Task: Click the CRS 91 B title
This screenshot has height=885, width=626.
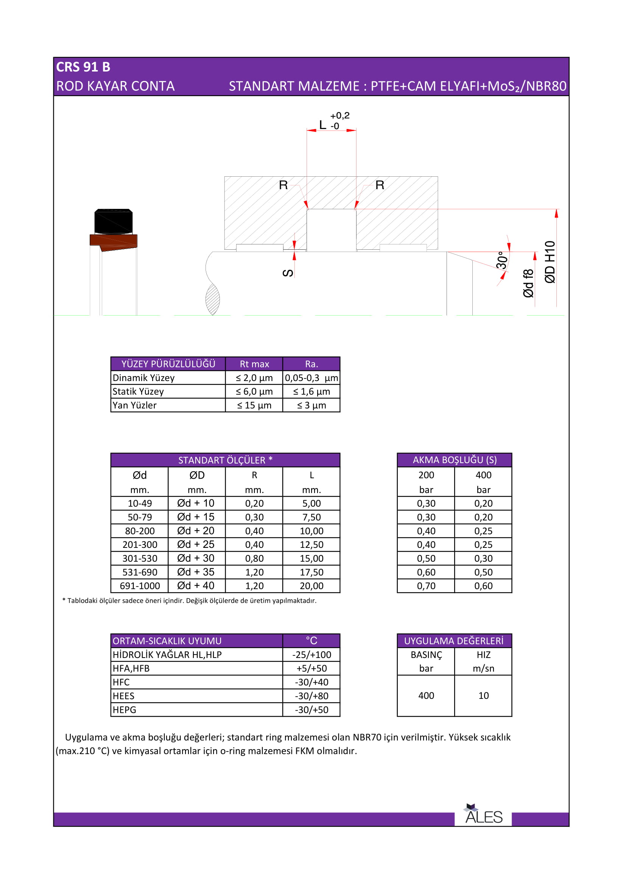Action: [83, 67]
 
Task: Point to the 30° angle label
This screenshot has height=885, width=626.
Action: [501, 260]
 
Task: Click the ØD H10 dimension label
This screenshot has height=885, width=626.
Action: [550, 262]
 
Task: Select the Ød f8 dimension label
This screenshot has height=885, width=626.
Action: [528, 283]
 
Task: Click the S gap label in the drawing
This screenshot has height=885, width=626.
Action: [288, 273]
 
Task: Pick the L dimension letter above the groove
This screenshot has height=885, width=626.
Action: [322, 125]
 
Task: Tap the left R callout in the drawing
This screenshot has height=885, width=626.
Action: [283, 185]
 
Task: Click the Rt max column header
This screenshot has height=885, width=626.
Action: [254, 364]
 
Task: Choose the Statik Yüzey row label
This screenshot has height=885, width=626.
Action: [138, 392]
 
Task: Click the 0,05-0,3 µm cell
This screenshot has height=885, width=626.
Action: [311, 378]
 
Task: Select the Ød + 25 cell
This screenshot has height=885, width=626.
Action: [196, 544]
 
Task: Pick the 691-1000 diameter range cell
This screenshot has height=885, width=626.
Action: [140, 586]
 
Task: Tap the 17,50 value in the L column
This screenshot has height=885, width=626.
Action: [311, 572]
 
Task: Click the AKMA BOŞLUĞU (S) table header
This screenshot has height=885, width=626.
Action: [455, 460]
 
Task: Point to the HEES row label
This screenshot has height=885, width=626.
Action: [124, 696]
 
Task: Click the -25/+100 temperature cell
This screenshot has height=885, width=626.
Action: [311, 655]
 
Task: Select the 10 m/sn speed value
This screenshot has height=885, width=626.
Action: [483, 696]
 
